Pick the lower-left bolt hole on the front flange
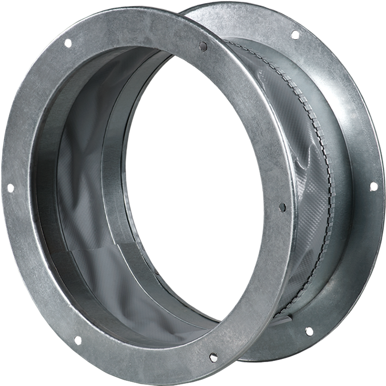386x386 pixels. pyautogui.click(x=77, y=340)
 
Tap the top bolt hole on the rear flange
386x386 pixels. pyautogui.click(x=295, y=35)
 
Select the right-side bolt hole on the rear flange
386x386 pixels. pyautogui.click(x=372, y=185)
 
